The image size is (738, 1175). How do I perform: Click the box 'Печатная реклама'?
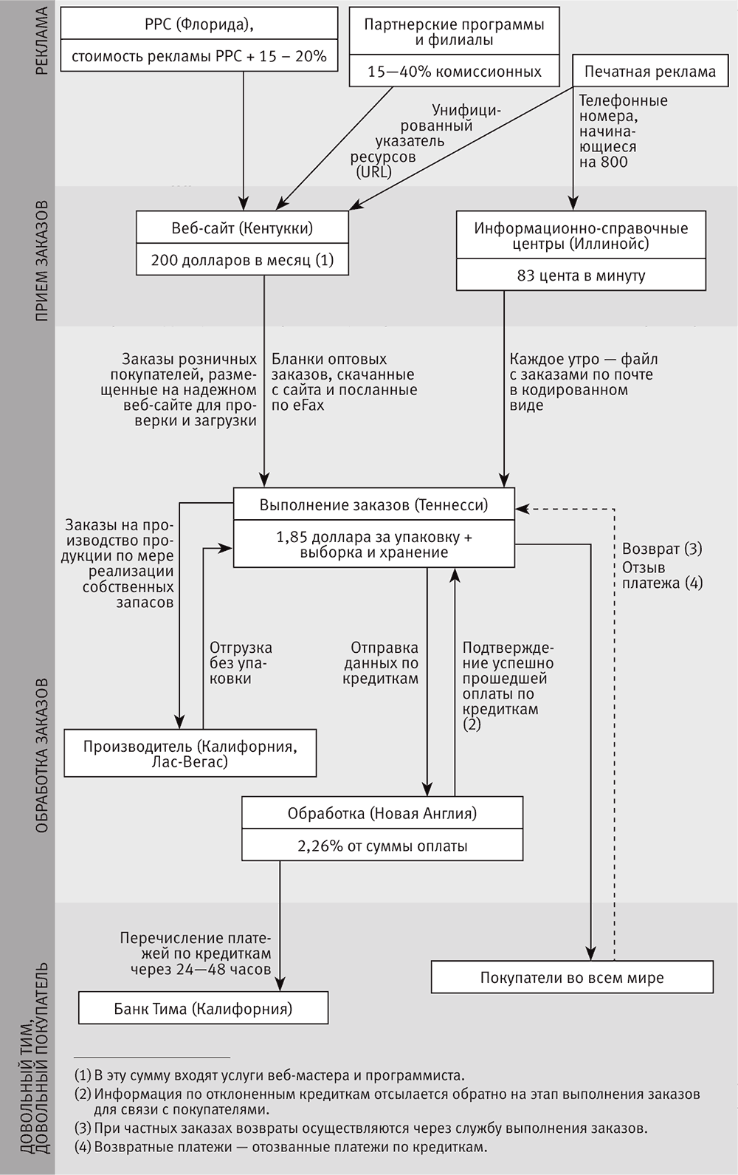click(650, 72)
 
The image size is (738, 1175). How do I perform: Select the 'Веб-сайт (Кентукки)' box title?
click(242, 228)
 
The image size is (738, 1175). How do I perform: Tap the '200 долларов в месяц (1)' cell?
click(242, 260)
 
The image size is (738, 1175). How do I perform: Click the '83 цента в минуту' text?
click(581, 275)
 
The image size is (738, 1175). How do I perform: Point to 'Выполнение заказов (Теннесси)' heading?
click(373, 505)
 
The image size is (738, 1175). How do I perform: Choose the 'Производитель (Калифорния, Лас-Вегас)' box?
click(190, 753)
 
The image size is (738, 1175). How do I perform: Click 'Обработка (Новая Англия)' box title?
click(382, 813)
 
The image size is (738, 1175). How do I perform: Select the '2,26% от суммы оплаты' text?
click(382, 846)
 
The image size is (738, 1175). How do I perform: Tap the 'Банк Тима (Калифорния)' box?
click(203, 1008)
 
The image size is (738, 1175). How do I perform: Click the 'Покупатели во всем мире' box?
click(572, 978)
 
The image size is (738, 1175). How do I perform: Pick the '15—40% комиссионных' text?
click(455, 72)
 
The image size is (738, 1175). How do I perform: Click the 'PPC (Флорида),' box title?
click(199, 24)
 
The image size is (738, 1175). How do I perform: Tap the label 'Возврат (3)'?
click(662, 549)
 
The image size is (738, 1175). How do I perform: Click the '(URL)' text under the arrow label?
click(373, 172)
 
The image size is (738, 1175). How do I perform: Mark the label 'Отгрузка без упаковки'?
click(241, 662)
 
